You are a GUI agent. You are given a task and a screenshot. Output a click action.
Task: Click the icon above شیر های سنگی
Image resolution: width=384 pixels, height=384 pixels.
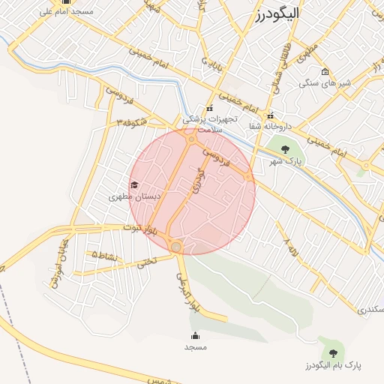pyautogui.click(x=325, y=72)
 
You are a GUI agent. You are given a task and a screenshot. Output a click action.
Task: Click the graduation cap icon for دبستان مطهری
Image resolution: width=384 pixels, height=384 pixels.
pyautogui.click(x=134, y=184)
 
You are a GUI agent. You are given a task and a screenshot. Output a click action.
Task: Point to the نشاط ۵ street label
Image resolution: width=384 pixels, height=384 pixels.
pyautogui.click(x=104, y=256)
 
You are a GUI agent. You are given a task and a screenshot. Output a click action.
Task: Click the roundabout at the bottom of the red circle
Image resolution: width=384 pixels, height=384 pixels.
pyautogui.click(x=175, y=246)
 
